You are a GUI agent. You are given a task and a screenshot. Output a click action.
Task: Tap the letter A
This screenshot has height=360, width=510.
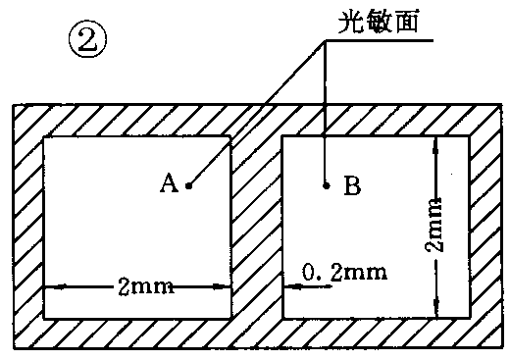(168, 182)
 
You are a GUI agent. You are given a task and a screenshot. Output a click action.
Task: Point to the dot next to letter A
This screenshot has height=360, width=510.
(188, 183)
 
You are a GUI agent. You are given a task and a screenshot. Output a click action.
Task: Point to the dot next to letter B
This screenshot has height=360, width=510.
(325, 182)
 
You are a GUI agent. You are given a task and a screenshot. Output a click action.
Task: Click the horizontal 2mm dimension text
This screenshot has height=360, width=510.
(145, 286)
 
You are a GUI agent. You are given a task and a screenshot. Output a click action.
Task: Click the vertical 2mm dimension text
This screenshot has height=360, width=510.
(438, 227)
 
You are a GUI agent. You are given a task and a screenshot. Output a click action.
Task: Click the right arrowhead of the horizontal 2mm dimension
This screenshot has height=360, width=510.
(226, 287)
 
